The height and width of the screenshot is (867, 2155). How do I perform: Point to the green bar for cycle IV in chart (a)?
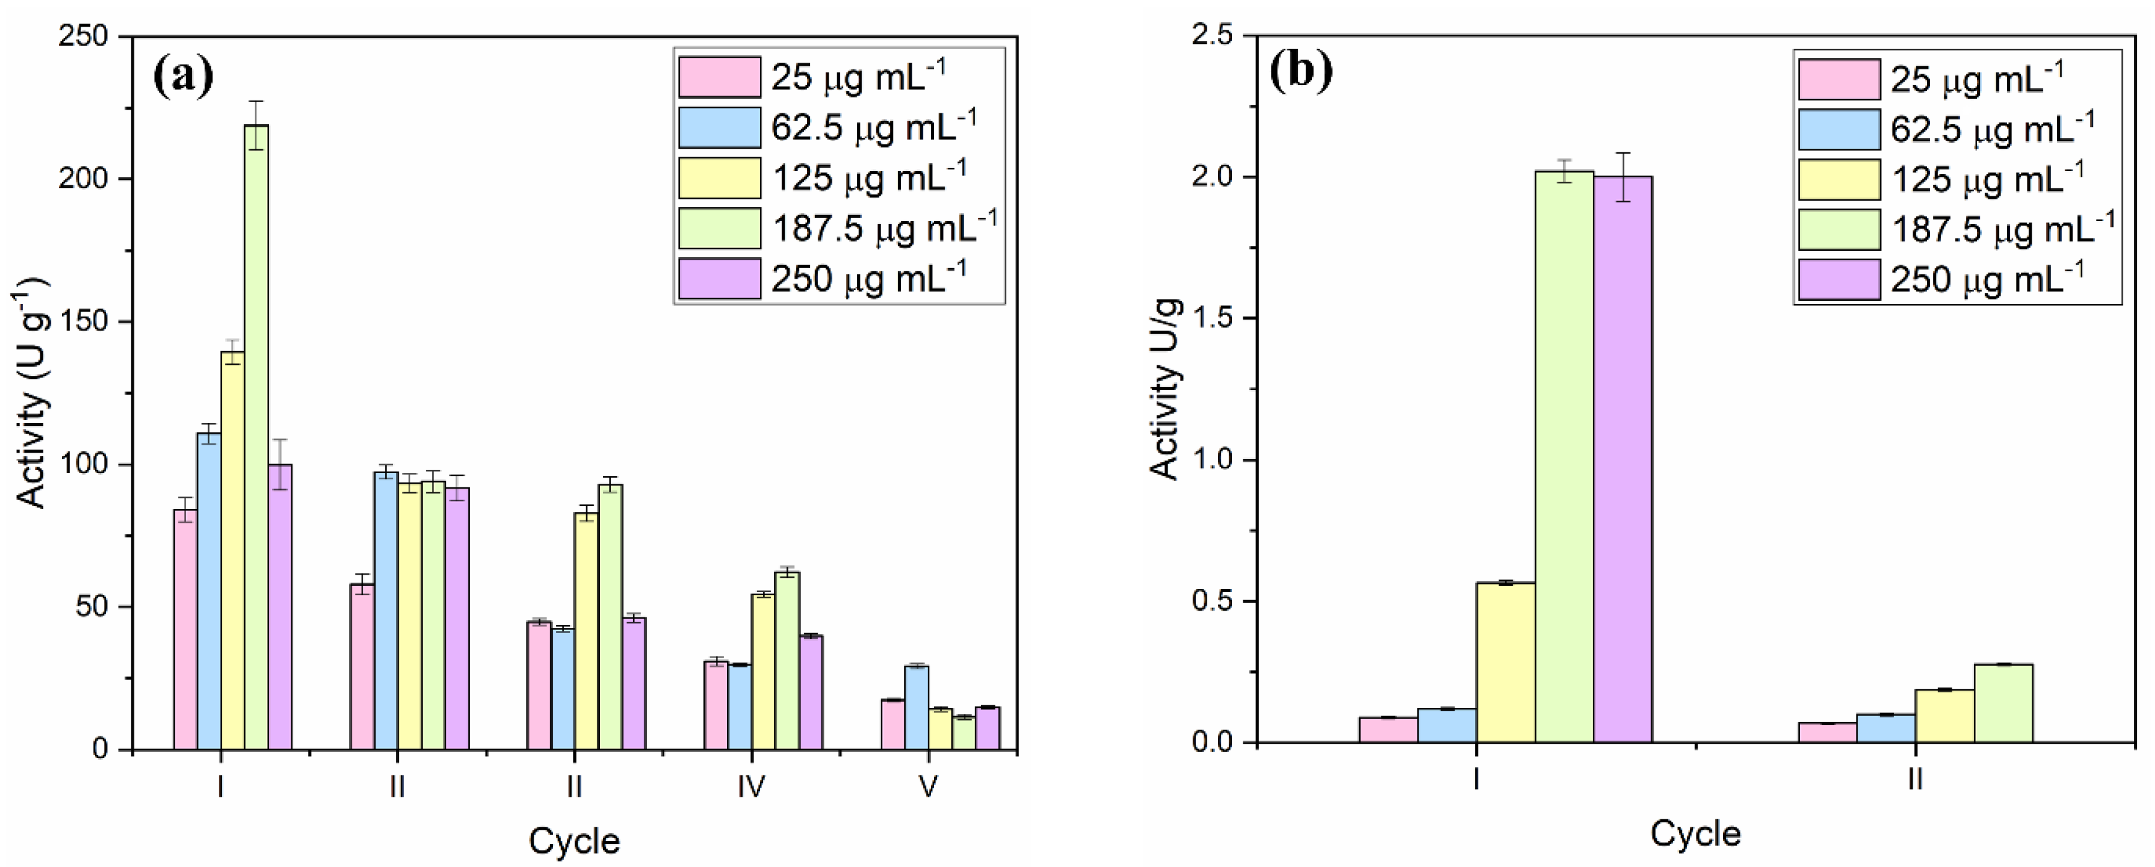coord(787,661)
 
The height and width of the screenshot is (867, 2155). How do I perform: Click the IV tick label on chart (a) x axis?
coord(751,786)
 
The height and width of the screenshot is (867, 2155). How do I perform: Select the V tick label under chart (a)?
coord(928,786)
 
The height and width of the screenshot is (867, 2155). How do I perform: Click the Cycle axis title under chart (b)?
coord(1695,834)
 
